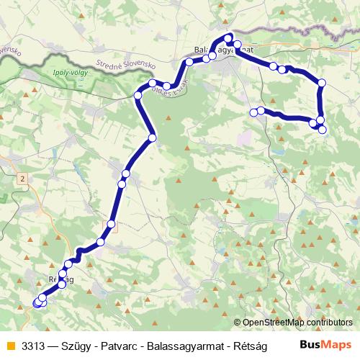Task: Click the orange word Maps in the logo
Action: coord(336,344)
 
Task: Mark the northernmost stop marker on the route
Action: coord(228,37)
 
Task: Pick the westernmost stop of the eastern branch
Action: coord(253,112)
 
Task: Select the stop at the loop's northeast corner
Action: coord(321,84)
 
